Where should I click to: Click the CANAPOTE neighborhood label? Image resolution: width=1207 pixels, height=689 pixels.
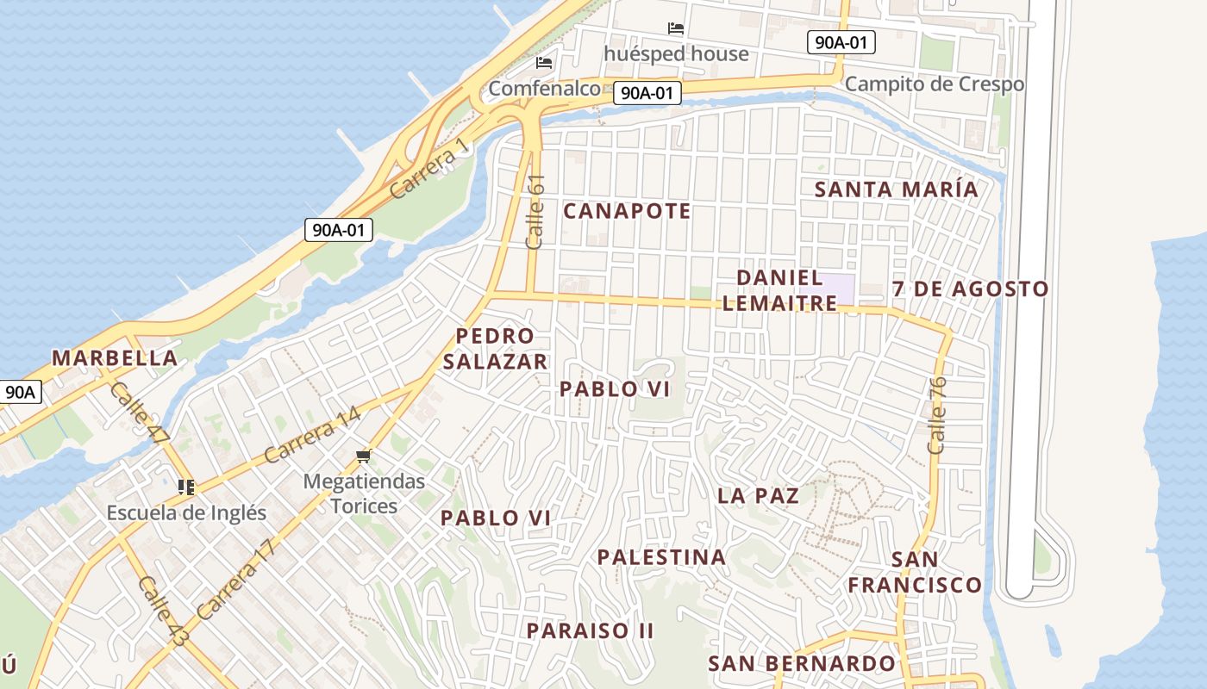pos(627,211)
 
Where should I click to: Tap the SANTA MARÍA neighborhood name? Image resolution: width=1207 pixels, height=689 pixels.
pos(897,189)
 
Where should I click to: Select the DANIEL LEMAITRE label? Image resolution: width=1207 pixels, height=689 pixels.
pos(779,290)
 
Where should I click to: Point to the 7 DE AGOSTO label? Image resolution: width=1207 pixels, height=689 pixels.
pos(970,289)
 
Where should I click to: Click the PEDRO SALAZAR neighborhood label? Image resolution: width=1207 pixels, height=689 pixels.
pos(495,349)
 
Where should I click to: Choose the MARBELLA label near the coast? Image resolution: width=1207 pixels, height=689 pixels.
pos(115,358)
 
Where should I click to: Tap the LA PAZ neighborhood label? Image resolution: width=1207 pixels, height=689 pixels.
pos(758,496)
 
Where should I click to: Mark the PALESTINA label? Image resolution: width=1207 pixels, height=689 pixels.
pos(661,557)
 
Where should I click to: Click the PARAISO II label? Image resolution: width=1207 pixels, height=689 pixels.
pos(591,630)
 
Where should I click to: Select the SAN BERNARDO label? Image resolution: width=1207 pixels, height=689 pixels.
pos(802,663)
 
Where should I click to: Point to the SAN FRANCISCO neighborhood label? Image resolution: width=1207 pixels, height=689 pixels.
pos(914,573)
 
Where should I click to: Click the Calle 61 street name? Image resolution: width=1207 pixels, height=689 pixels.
pos(535,212)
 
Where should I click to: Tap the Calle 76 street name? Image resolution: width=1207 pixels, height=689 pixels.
pos(937,415)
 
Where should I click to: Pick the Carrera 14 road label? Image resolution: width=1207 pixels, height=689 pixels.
pos(312,435)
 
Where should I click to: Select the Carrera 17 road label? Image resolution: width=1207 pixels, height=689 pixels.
pos(235,580)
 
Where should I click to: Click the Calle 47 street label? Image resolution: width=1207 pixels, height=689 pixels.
pos(139,413)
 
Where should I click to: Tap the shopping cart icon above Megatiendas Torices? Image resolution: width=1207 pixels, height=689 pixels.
pos(364,456)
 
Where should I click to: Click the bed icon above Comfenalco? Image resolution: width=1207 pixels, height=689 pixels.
pos(544,63)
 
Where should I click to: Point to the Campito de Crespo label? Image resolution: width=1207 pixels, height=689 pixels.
pos(934,84)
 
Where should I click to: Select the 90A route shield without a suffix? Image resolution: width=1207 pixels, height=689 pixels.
pos(19,392)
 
